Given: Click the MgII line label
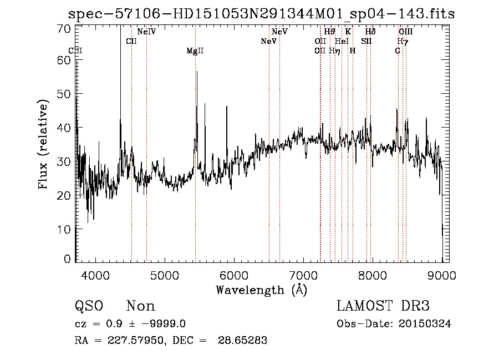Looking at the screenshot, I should click(195, 51).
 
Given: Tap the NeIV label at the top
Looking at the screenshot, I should click(146, 32).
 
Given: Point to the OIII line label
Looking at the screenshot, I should click(406, 32).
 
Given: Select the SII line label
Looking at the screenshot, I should click(366, 41).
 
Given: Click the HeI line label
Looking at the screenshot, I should click(342, 41).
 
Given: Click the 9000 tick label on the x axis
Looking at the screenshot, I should click(441, 275).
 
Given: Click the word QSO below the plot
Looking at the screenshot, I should click(89, 306).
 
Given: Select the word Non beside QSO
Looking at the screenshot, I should click(141, 306).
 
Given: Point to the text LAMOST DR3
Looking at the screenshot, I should click(383, 306).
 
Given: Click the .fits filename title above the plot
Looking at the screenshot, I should click(261, 14).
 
